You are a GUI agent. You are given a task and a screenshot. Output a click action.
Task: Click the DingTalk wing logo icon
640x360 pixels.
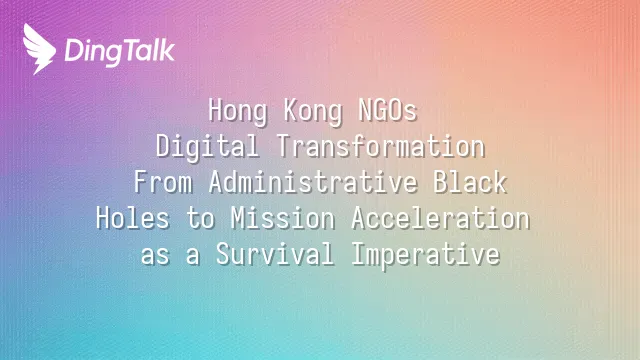[x=39, y=49]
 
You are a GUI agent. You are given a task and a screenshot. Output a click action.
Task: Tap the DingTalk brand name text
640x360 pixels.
[x=120, y=51]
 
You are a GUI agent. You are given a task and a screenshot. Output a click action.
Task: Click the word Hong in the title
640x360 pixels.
[x=238, y=111]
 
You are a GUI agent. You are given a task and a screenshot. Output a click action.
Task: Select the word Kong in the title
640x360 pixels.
[x=313, y=111]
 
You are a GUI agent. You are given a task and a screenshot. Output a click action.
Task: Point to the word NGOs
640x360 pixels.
[x=388, y=110]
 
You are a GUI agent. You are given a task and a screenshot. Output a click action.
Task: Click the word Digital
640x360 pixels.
[x=207, y=147]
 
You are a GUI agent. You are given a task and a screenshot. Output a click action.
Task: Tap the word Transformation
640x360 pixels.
[x=381, y=146]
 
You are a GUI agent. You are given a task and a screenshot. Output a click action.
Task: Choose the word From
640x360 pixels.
[x=163, y=182]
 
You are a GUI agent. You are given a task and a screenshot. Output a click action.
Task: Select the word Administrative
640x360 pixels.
[x=313, y=182]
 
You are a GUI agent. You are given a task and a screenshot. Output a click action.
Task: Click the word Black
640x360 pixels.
[x=470, y=182]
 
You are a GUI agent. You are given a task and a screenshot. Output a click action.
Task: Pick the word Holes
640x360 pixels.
[x=133, y=218]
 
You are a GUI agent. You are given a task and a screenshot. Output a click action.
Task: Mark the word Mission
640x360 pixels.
[x=283, y=218]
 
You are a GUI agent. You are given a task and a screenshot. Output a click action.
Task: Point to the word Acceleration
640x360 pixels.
[x=441, y=218]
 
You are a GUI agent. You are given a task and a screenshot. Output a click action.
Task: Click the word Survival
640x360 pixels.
[x=275, y=253]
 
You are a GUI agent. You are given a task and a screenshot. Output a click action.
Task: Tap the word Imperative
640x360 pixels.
[x=426, y=255]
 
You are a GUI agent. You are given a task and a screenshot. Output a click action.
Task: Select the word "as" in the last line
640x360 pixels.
[x=155, y=257]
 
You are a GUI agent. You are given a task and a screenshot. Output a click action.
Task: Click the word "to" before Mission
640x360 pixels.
[x=200, y=219]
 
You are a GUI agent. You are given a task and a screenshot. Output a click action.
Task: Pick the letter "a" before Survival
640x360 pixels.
[x=193, y=257]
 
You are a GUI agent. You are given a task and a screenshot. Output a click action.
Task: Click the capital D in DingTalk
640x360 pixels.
[x=75, y=50]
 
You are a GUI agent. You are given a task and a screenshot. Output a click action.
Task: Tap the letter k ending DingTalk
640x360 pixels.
[x=167, y=50]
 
